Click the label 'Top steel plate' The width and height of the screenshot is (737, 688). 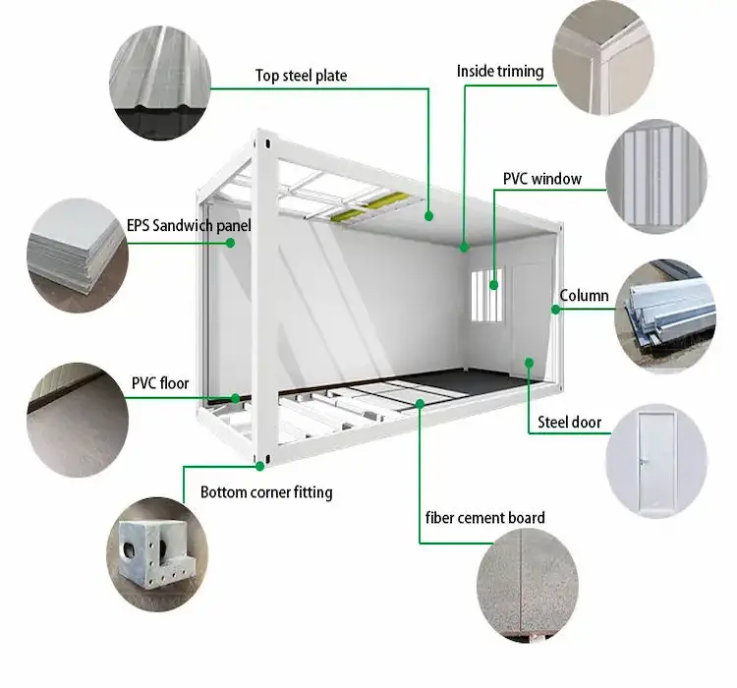[x=301, y=76]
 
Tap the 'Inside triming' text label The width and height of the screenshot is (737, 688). [x=501, y=72]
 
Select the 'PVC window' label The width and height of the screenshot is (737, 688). [x=541, y=179]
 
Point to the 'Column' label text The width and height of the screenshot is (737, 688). [x=584, y=296]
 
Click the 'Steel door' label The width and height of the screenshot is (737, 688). [x=569, y=424]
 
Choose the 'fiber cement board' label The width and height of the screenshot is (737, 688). [x=484, y=518]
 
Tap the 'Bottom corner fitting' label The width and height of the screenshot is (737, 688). [x=266, y=492]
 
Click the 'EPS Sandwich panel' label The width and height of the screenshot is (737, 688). [x=189, y=226]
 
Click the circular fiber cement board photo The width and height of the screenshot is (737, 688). [x=528, y=588]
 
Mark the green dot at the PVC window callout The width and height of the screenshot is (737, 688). [x=494, y=284]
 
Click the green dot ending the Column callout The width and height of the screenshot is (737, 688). [x=555, y=309]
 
